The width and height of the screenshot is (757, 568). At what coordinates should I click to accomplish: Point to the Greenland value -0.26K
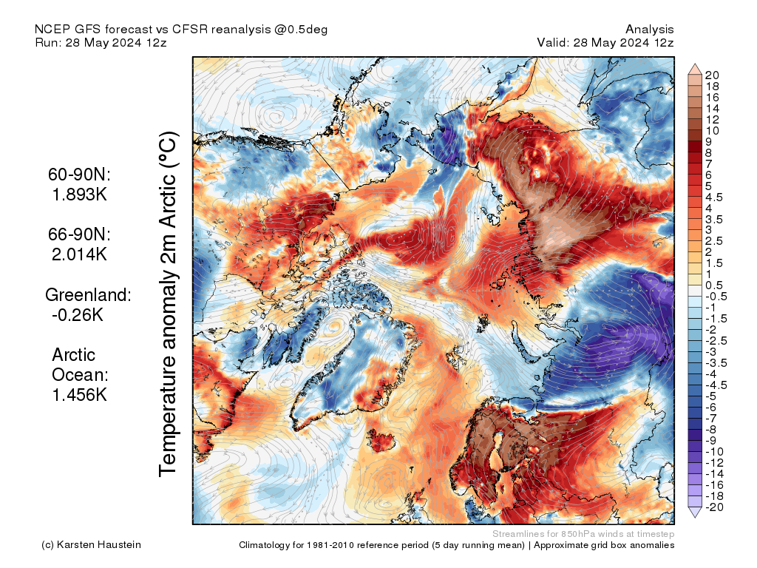pos(78,315)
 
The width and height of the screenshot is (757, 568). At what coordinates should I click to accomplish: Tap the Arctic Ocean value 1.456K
pos(79,395)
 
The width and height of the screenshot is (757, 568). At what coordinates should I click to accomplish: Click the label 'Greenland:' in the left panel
pos(88,295)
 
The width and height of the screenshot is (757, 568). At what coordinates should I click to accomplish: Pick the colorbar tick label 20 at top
pos(713,75)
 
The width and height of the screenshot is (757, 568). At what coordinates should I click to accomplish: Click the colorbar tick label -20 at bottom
pos(714,507)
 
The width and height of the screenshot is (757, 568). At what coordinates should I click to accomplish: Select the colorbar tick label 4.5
pos(714,197)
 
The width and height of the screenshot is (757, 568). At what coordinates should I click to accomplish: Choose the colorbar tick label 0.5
pos(714,285)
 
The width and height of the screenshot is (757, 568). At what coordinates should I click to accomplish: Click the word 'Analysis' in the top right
pos(649,29)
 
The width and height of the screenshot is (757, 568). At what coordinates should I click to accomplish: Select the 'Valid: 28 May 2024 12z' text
pos(605,42)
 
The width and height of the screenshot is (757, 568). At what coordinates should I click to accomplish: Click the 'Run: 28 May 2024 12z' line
pos(101,42)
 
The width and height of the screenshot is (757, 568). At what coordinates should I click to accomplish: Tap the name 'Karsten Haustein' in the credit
pos(101,545)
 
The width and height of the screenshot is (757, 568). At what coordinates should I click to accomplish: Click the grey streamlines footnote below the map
pos(583,533)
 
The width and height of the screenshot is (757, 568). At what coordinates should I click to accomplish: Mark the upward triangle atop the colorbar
pos(695,68)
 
